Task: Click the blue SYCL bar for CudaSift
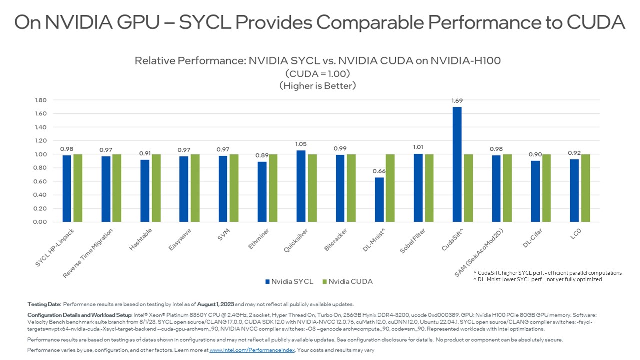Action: [457, 164]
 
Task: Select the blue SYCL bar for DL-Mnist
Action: [379, 199]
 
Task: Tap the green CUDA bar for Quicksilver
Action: [312, 188]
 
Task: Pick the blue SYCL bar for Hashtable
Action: [145, 190]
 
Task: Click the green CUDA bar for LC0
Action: [585, 188]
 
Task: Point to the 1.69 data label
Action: [457, 101]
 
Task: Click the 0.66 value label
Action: [379, 171]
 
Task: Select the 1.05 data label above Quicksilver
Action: [301, 144]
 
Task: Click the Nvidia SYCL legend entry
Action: [289, 282]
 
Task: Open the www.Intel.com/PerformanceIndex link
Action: [252, 350]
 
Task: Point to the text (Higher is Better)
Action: [317, 86]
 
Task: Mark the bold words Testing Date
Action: [44, 304]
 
